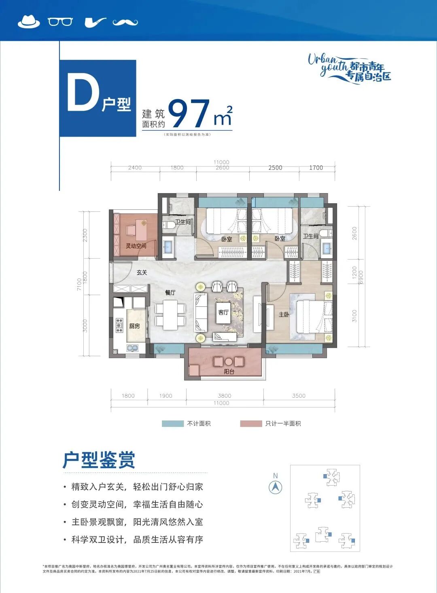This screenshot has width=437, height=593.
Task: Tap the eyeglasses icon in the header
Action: tap(60, 21)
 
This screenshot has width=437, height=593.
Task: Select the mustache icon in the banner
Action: tap(125, 22)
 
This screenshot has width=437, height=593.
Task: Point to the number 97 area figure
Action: tap(189, 114)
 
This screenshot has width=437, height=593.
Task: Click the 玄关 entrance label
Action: tap(142, 272)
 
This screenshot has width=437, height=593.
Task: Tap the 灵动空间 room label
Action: tap(136, 246)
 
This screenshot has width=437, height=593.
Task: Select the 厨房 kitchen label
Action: tap(134, 326)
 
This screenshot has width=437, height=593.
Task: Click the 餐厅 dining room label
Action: tap(170, 292)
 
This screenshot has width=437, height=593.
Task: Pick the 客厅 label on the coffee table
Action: tap(223, 312)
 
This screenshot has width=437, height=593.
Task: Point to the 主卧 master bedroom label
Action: tap(284, 314)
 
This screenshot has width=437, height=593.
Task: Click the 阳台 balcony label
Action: tap(229, 371)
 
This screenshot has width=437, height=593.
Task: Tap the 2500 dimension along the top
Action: tap(275, 168)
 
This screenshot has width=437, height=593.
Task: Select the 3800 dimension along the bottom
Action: tap(225, 396)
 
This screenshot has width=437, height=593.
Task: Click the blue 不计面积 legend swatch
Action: tap(172, 424)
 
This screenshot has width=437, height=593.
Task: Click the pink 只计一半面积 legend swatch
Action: tap(251, 424)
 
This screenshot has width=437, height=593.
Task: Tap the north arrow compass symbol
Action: tap(276, 487)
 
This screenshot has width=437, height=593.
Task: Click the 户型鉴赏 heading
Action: tap(99, 460)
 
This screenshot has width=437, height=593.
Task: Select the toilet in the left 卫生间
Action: tap(169, 224)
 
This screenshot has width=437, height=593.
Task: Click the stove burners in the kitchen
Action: tap(119, 325)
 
